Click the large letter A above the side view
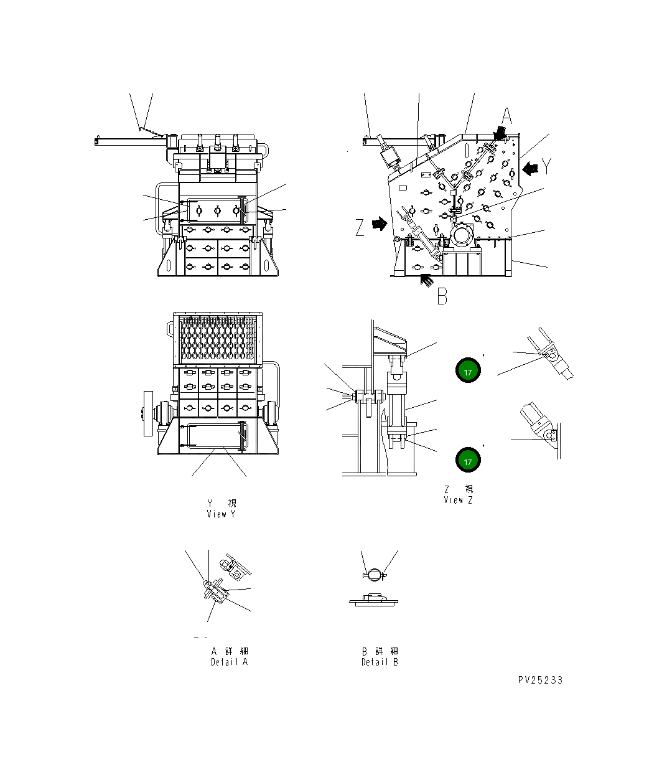click(x=507, y=116)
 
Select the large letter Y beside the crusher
click(x=547, y=166)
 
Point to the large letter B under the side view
click(x=442, y=296)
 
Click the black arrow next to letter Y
click(x=530, y=168)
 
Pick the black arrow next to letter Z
click(x=378, y=224)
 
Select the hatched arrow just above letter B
click(x=427, y=280)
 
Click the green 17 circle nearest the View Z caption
click(x=468, y=461)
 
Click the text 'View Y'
click(x=222, y=514)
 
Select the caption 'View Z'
click(x=458, y=500)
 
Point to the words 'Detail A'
click(x=229, y=662)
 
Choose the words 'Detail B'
click(x=380, y=662)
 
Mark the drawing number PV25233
click(x=540, y=680)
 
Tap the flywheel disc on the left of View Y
click(x=147, y=414)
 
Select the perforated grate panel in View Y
click(x=218, y=339)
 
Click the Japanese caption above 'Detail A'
click(x=230, y=651)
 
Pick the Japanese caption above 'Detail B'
click(x=380, y=651)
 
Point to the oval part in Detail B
click(x=374, y=574)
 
